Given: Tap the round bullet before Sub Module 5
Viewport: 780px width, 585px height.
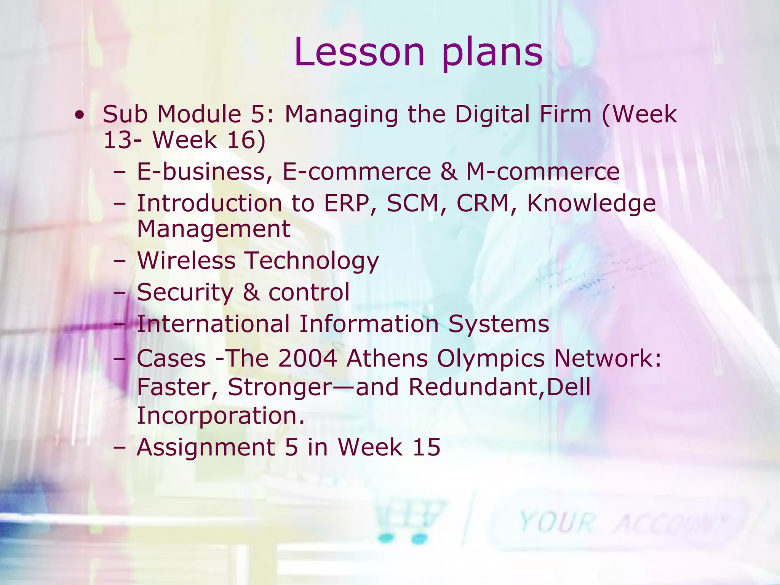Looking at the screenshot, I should (80, 115).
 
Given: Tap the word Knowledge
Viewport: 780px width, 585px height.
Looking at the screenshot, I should (591, 204).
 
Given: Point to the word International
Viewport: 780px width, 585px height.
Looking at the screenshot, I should (213, 324).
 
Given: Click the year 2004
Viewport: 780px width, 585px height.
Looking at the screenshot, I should (307, 359).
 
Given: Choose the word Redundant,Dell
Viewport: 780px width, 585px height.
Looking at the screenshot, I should (499, 387).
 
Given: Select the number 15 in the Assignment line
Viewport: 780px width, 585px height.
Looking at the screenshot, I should (426, 447).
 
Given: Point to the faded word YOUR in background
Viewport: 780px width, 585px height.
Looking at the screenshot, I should (557, 523).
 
